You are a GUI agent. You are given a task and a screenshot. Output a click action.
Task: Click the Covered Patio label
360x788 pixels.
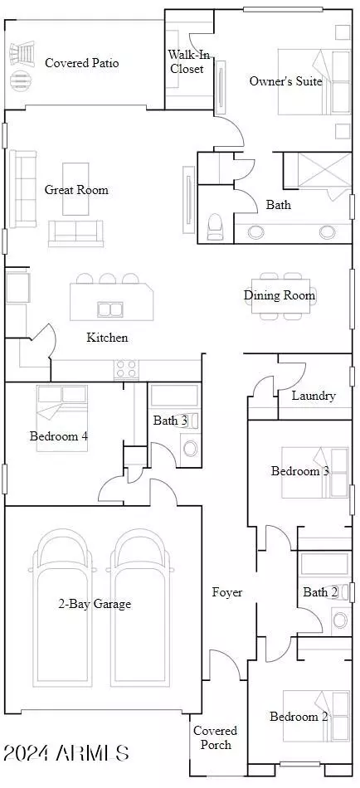pyautogui.click(x=82, y=63)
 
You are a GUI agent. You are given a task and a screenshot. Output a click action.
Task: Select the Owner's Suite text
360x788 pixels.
pyautogui.click(x=285, y=81)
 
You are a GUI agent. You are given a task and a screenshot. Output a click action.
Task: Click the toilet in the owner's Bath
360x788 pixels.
pyautogui.click(x=215, y=226)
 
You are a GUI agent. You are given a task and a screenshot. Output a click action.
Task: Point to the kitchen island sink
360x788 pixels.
pyautogui.click(x=110, y=309)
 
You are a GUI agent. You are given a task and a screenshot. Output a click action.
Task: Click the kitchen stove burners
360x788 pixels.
pyautogui.click(x=126, y=369)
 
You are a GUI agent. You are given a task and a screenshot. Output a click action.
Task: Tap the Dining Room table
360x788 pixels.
pyautogui.click(x=280, y=296)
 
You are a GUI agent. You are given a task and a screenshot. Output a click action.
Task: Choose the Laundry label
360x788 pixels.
pyautogui.click(x=314, y=396)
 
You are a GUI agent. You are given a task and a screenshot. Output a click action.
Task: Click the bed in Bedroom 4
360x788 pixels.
pyautogui.click(x=61, y=418)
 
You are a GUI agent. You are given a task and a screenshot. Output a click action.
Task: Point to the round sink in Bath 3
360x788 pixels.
pyautogui.click(x=191, y=448)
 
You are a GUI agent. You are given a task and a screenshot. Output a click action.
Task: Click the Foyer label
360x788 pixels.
pyautogui.click(x=227, y=592)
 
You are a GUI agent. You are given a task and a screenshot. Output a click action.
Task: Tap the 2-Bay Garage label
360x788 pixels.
pyautogui.click(x=95, y=604)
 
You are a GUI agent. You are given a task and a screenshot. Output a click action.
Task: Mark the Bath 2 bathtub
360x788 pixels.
pyautogui.click(x=324, y=564)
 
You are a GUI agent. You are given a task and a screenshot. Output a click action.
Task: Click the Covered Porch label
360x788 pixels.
pyautogui.click(x=215, y=737)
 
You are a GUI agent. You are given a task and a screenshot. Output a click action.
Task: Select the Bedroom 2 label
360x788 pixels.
pyautogui.click(x=299, y=717)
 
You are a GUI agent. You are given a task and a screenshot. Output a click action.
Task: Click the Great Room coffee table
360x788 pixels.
pyautogui.click(x=75, y=189)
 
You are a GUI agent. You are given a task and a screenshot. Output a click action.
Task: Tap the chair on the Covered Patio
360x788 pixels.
pyautogui.click(x=22, y=52)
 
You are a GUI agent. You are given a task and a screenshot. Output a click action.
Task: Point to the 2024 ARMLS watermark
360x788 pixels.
pyautogui.click(x=66, y=753)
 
